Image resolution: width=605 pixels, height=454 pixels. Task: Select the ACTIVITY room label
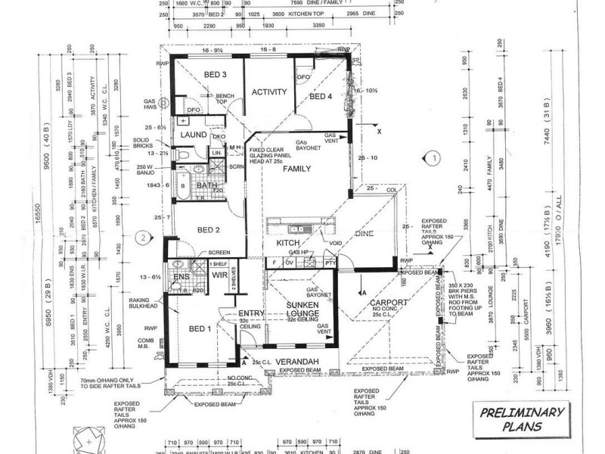(x=269, y=92)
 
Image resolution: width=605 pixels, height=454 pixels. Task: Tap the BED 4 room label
(x=321, y=96)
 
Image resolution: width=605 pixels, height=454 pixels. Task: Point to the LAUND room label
(x=194, y=135)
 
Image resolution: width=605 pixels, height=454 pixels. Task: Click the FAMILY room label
(x=298, y=169)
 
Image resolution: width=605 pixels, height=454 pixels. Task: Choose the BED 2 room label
(x=208, y=230)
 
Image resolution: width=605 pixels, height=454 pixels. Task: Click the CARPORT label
(x=389, y=303)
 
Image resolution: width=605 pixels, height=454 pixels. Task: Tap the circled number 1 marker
(x=433, y=159)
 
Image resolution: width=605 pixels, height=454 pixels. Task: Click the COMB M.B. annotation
(x=145, y=345)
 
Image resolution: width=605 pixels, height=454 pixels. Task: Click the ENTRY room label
(x=250, y=313)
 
